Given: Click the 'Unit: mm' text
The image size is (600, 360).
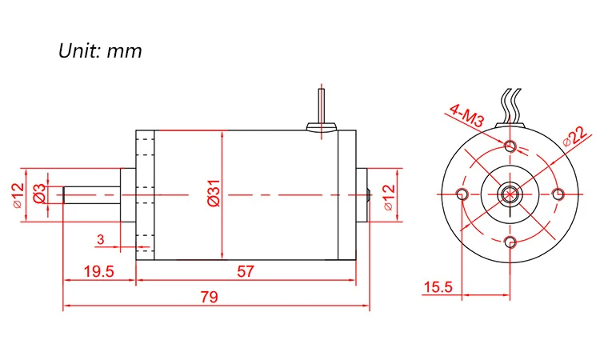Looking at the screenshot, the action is pyautogui.click(x=100, y=50).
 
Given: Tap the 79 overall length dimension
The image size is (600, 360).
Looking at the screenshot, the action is pyautogui.click(x=210, y=297).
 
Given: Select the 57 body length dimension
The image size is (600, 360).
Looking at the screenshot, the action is pyautogui.click(x=246, y=271).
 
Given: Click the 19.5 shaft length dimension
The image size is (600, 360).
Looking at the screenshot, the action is pyautogui.click(x=98, y=271).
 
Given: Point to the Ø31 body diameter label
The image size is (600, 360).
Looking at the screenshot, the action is pyautogui.click(x=214, y=193).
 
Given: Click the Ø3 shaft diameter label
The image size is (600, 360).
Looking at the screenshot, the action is pyautogui.click(x=40, y=193).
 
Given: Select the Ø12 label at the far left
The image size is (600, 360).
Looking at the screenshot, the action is pyautogui.click(x=18, y=195).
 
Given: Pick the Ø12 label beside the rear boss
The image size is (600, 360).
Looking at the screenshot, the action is pyautogui.click(x=389, y=197).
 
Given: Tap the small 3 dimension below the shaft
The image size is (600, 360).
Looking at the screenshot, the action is pyautogui.click(x=100, y=239).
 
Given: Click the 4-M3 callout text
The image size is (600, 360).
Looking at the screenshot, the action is pyautogui.click(x=467, y=115).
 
